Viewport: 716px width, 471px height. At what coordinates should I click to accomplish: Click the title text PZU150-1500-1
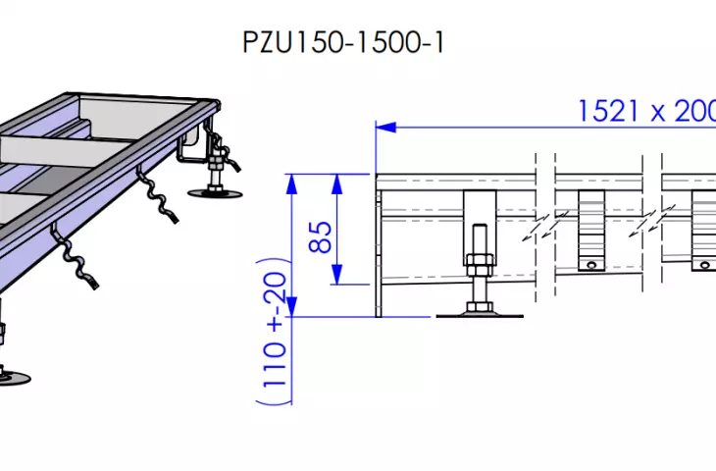(343, 42)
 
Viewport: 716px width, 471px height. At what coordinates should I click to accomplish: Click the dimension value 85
(320, 237)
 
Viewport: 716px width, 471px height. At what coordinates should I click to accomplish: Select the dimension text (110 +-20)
(274, 332)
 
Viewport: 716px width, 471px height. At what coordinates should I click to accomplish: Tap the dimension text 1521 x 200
(646, 111)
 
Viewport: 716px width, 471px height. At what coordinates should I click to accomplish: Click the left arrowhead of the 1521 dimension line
(385, 128)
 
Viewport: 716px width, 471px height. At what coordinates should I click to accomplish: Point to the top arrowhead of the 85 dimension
(337, 183)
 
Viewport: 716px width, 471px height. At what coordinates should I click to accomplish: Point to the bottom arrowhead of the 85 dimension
(337, 275)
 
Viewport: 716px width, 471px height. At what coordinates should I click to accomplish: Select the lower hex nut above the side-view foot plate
(479, 306)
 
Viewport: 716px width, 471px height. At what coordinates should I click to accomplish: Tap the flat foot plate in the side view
(480, 315)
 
